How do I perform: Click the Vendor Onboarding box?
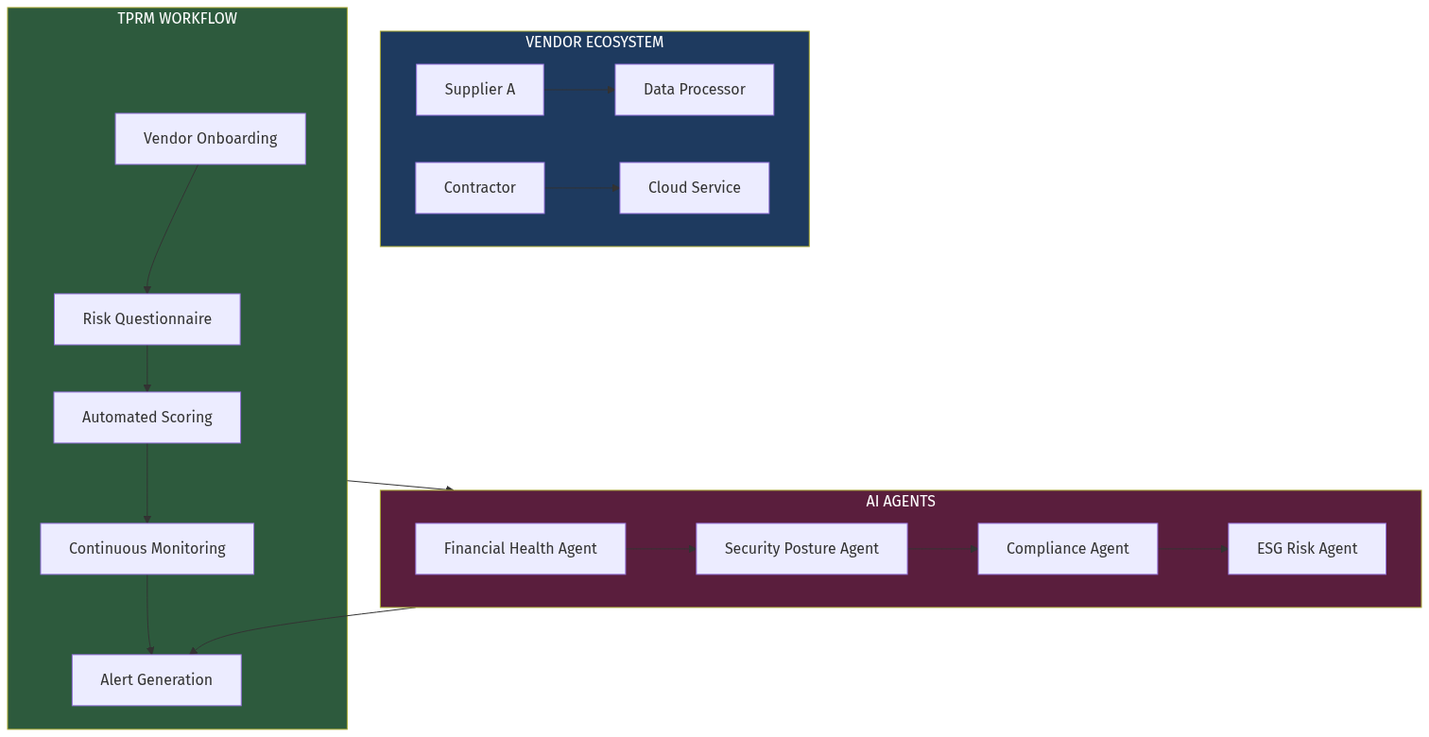point(210,139)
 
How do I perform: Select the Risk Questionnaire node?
point(146,319)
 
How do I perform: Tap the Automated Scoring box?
point(146,418)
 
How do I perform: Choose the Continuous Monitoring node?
point(146,549)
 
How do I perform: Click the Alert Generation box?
point(156,680)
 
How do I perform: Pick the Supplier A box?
point(479,90)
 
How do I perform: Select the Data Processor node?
point(694,90)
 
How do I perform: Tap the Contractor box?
point(479,188)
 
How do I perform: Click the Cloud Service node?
point(694,188)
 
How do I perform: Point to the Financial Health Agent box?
point(520,549)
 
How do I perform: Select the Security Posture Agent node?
point(801,549)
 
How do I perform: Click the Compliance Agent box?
point(1067,549)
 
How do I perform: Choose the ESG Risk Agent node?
point(1306,549)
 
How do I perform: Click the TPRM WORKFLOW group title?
point(177,19)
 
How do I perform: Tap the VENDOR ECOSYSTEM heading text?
point(594,43)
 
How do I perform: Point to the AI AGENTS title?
point(900,502)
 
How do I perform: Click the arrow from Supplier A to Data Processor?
point(578,90)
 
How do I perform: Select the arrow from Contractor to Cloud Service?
point(581,188)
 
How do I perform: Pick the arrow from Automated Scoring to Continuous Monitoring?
point(146,483)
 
